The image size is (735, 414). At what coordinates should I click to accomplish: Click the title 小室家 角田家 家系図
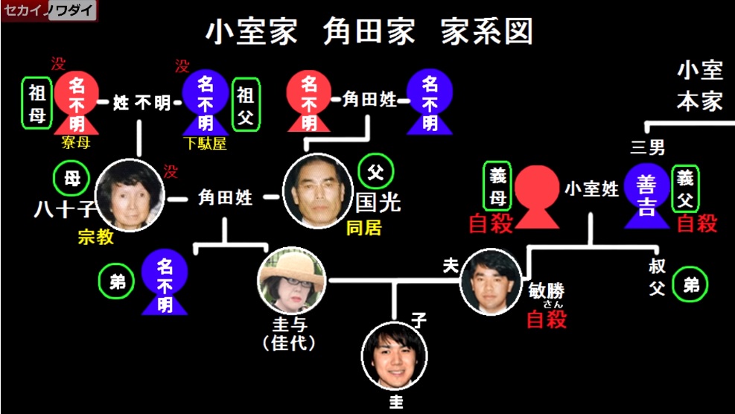pyautogui.click(x=369, y=32)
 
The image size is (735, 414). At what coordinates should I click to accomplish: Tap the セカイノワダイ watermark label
pyautogui.click(x=49, y=10)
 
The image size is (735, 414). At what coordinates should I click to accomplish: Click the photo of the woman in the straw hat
pyautogui.click(x=292, y=281)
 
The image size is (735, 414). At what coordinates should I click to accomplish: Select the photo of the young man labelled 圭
pyautogui.click(x=394, y=356)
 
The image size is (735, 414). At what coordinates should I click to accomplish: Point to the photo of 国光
pyautogui.click(x=318, y=191)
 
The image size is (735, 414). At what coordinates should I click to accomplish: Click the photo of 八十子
pyautogui.click(x=130, y=196)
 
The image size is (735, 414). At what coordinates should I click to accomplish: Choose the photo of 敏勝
pyautogui.click(x=491, y=281)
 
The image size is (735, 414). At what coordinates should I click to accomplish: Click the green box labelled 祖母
pyautogui.click(x=36, y=103)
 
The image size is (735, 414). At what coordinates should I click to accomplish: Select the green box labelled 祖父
pyautogui.click(x=246, y=104)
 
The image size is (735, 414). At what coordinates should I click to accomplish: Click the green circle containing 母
pyautogui.click(x=71, y=179)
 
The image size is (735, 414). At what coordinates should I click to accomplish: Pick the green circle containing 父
pyautogui.click(x=376, y=172)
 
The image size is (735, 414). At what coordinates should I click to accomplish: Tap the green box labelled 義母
pyautogui.click(x=497, y=185)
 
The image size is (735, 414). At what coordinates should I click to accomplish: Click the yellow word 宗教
pyautogui.click(x=95, y=237)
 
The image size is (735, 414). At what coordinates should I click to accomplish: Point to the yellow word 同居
pyautogui.click(x=363, y=228)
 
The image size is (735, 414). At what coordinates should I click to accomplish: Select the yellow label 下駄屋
pyautogui.click(x=206, y=143)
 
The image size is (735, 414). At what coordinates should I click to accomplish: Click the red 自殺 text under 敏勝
pyautogui.click(x=547, y=319)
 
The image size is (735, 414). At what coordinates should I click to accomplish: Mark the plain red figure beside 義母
pyautogui.click(x=537, y=197)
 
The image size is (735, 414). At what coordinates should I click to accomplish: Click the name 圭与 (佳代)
pyautogui.click(x=289, y=334)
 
